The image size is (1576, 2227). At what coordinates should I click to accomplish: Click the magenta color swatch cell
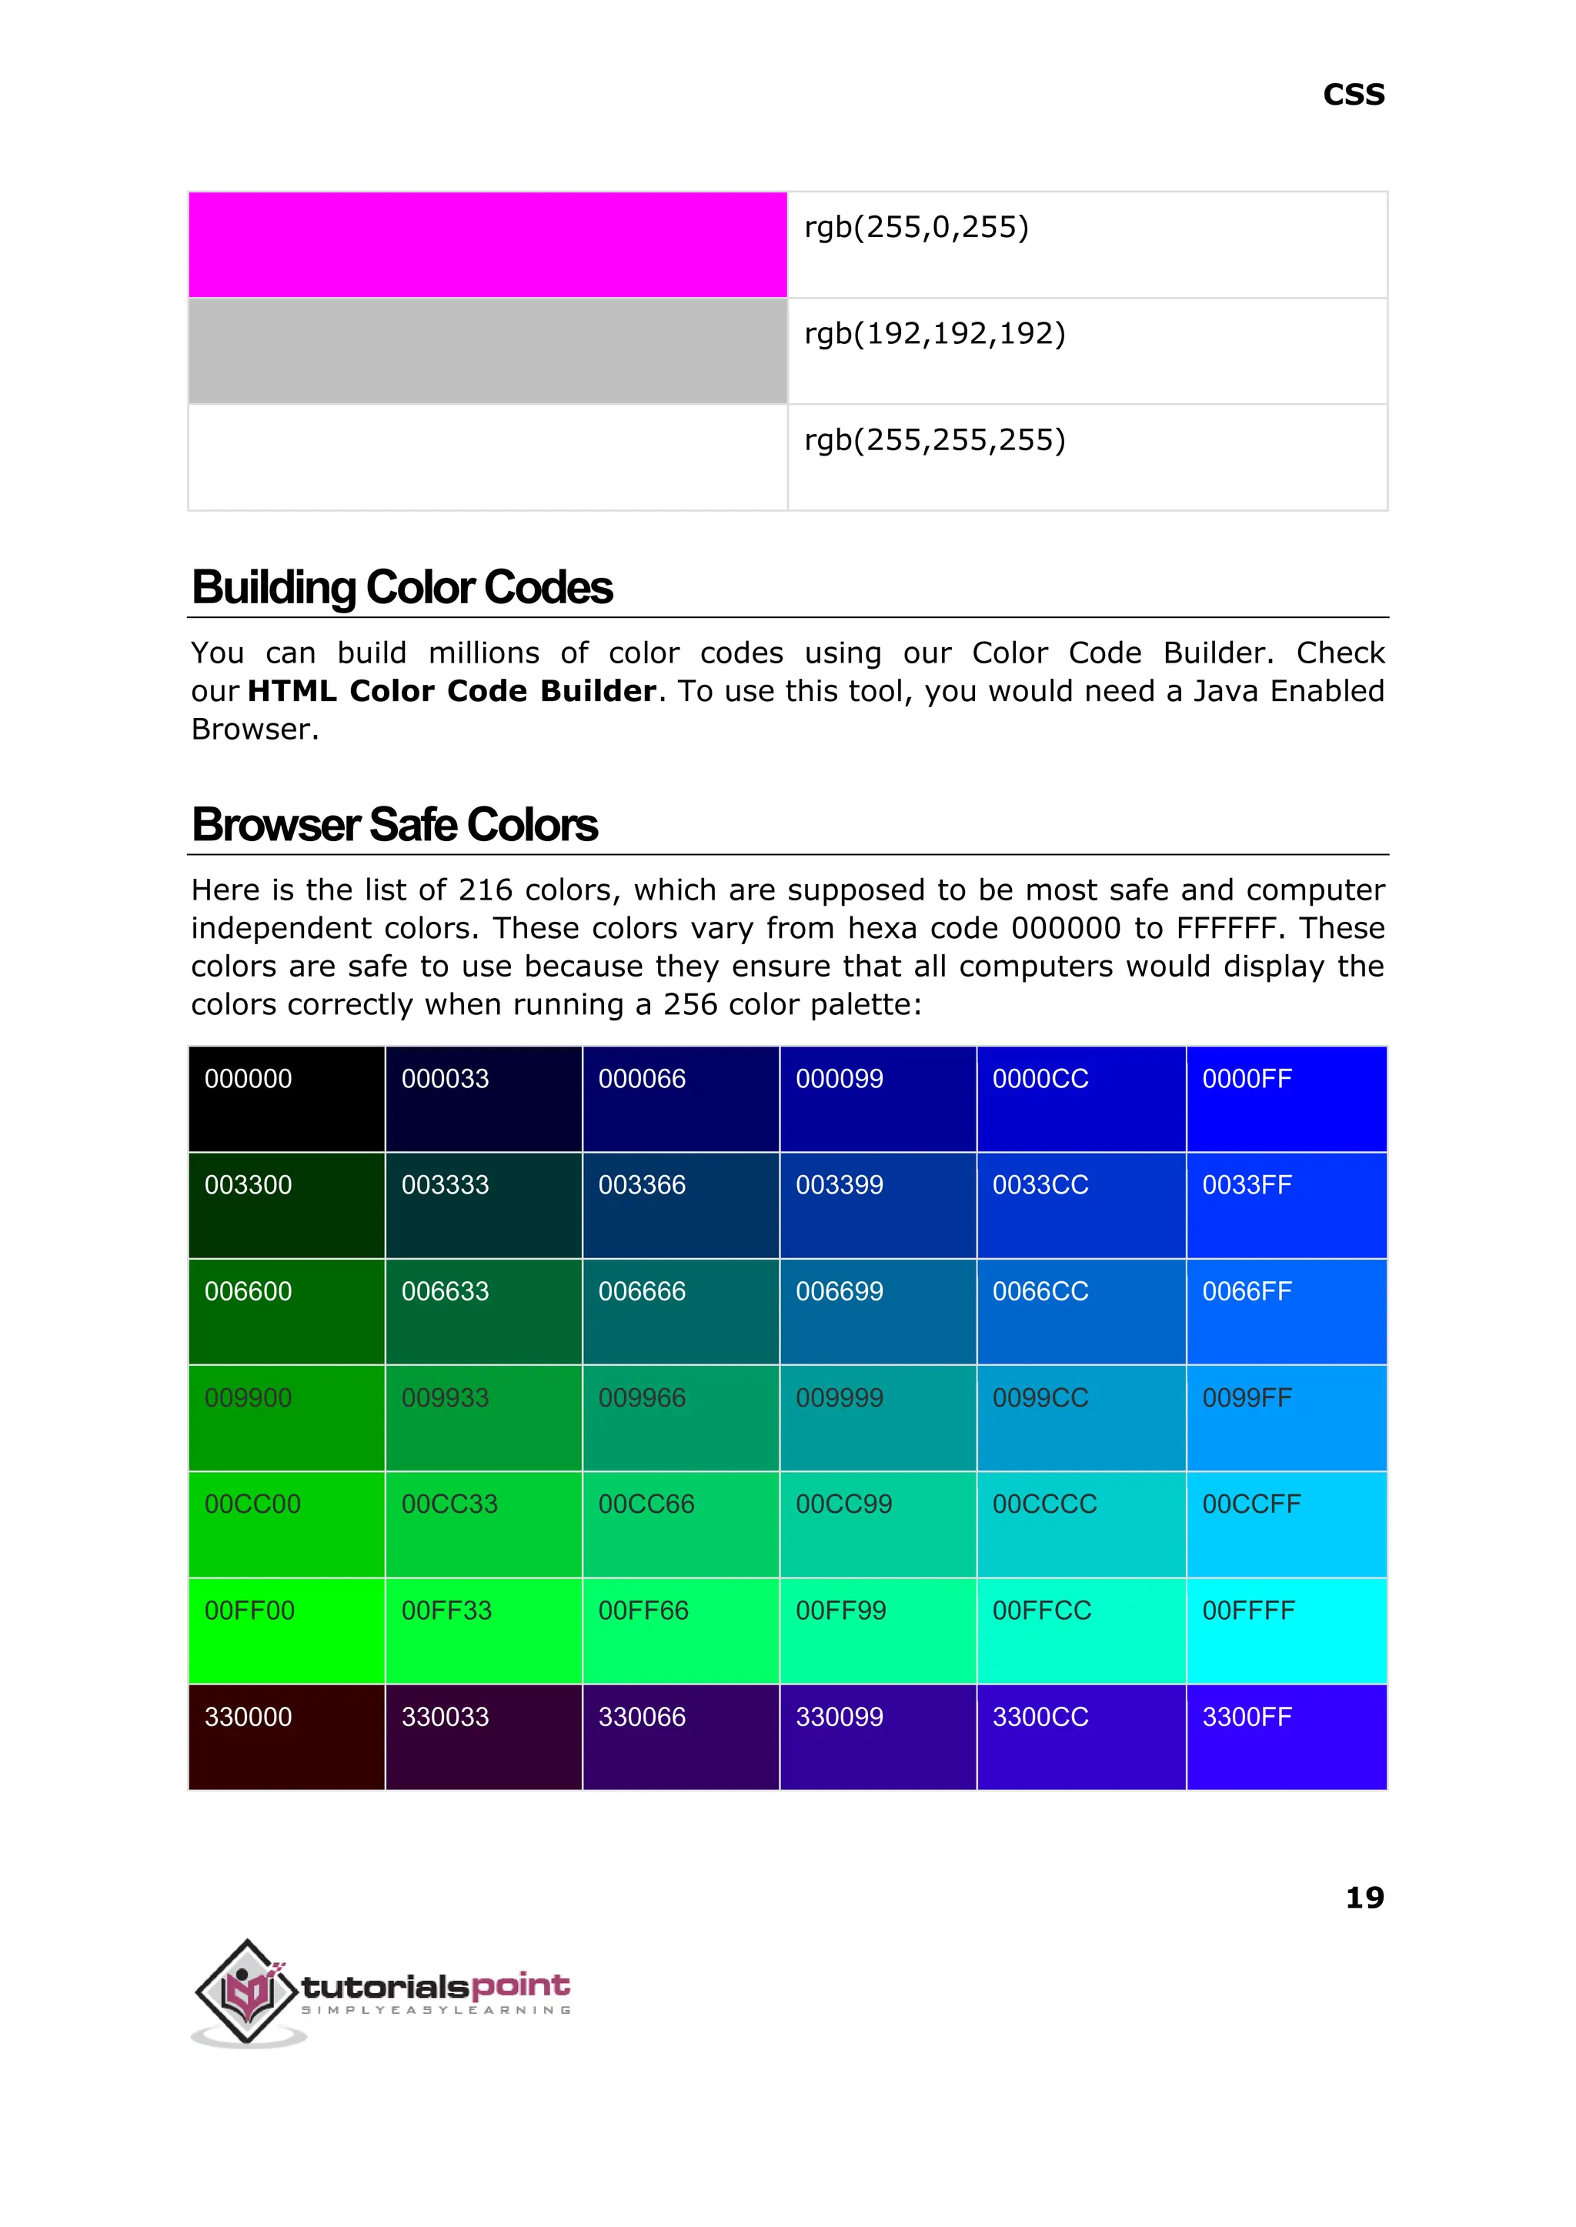point(487,245)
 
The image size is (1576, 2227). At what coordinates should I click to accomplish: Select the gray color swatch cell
point(487,350)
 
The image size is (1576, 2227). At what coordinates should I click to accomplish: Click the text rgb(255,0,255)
point(916,227)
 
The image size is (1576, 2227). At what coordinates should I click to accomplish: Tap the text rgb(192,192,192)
point(934,334)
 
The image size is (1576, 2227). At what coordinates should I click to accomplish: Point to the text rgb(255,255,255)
point(934,440)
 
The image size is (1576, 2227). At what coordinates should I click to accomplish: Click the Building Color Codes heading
point(402,588)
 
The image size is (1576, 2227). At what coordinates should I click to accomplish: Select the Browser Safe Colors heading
point(394,826)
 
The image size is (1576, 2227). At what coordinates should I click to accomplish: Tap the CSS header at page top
point(1353,95)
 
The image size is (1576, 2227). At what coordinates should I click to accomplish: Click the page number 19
point(1364,1896)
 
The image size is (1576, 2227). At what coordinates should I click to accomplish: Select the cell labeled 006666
point(680,1312)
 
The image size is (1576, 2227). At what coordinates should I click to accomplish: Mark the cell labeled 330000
point(286,1737)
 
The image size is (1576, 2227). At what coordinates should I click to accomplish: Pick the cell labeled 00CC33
point(483,1524)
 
